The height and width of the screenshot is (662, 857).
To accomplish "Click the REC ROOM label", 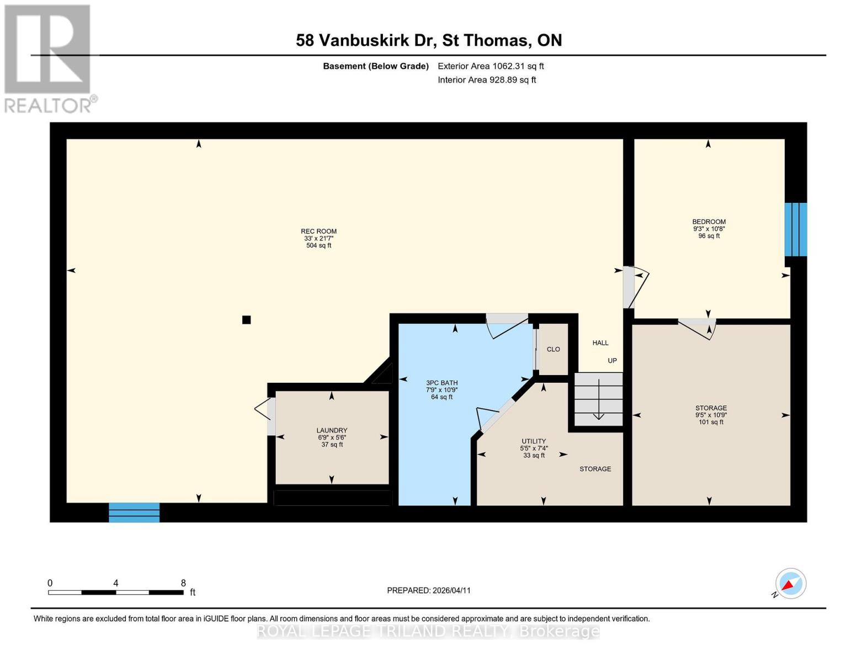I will tap(318, 231).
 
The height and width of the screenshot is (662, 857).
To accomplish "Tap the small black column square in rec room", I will tap(247, 319).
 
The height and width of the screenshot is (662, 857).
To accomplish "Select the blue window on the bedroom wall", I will tap(796, 229).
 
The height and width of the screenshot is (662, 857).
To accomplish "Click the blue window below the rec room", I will tap(134, 512).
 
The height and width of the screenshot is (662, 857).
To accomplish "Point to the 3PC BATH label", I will tap(441, 383).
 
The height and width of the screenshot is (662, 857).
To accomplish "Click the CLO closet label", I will tap(553, 349).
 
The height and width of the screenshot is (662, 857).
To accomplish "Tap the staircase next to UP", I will tap(598, 399).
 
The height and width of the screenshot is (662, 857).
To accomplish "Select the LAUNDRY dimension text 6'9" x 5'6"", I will tap(332, 437).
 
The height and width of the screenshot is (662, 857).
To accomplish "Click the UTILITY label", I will tap(534, 441).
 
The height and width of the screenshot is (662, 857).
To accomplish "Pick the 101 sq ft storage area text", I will tap(710, 422).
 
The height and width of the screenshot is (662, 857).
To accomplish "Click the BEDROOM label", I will tap(709, 222).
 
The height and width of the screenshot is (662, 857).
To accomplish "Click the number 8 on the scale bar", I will tap(183, 583).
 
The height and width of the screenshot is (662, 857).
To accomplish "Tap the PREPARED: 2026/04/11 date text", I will tap(428, 590).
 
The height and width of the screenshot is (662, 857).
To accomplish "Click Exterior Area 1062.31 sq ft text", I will tap(491, 66).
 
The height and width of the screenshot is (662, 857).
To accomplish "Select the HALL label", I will tap(600, 343).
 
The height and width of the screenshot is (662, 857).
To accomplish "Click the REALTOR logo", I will tap(49, 58).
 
